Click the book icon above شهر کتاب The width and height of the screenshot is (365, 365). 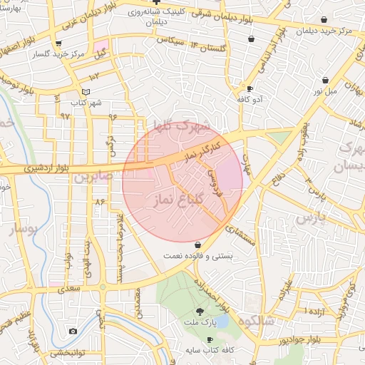86,92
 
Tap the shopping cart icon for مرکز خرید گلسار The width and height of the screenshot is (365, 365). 68,43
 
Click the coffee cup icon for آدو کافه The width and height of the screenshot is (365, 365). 250,88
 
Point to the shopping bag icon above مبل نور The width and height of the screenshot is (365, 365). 325,81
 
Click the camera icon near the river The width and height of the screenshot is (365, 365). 73,331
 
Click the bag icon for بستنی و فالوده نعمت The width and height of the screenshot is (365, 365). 197,245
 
